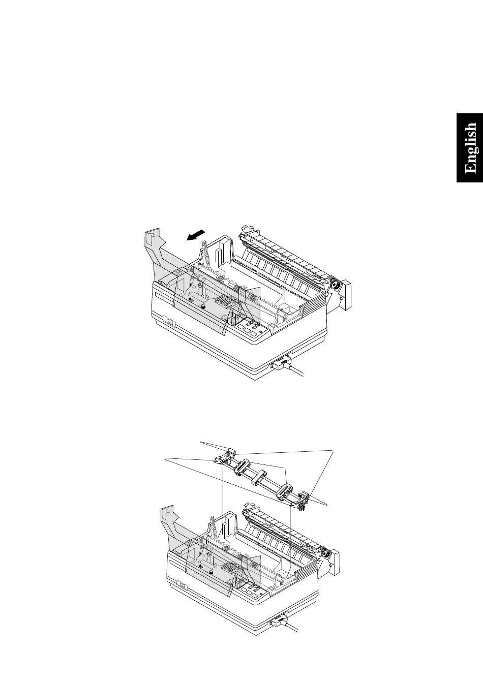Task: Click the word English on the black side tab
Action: [470, 148]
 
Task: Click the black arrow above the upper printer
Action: [196, 235]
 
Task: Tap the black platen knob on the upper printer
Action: [336, 286]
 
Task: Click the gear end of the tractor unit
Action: [303, 502]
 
